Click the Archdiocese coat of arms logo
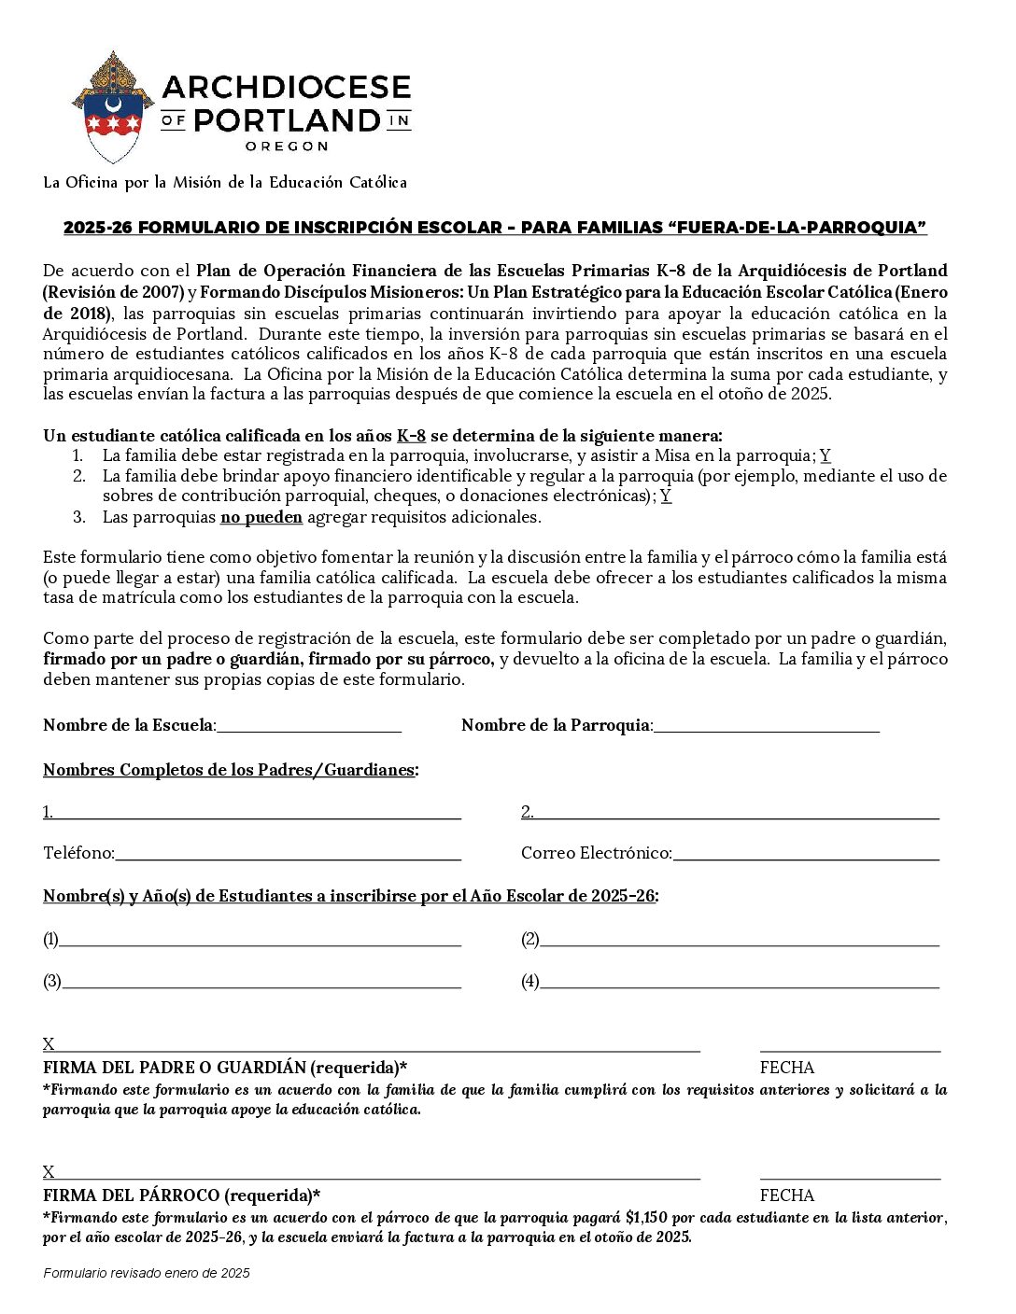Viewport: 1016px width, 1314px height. (x=112, y=107)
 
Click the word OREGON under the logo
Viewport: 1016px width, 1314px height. (x=286, y=147)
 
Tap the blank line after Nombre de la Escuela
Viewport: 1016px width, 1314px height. (x=309, y=726)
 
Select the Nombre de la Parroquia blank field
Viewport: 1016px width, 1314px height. (x=766, y=726)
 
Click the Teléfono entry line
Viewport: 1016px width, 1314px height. (x=288, y=853)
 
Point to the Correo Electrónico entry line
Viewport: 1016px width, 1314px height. (x=805, y=853)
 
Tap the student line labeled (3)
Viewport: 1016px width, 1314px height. (x=261, y=981)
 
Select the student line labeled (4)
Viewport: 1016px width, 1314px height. (x=739, y=981)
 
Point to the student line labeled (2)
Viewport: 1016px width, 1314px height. (x=739, y=939)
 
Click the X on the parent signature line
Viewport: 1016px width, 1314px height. (x=49, y=1044)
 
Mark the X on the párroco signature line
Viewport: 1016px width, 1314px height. (x=49, y=1172)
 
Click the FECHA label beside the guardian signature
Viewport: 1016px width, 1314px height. (x=787, y=1068)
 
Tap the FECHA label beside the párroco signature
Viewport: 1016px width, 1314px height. (x=787, y=1195)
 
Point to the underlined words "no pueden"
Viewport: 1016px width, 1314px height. (x=261, y=517)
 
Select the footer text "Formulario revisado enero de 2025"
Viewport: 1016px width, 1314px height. (x=147, y=1273)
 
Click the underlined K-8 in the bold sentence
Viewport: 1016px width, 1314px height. (x=411, y=436)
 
